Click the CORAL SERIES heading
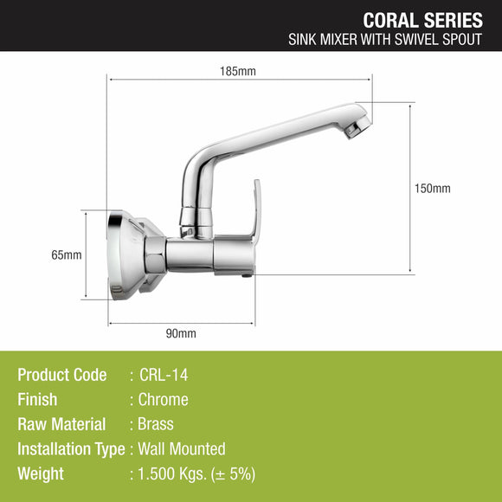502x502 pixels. coord(422,19)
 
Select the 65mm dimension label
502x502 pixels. coord(67,254)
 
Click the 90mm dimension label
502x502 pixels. coord(181,333)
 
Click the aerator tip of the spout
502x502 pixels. coord(357,128)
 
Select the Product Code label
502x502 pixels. coord(62,375)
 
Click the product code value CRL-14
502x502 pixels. coord(164,375)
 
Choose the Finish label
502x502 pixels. coord(37,400)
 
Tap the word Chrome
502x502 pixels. coord(164,400)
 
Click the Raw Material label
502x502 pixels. coord(61,424)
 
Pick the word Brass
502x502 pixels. coord(156,424)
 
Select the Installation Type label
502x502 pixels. coord(71,449)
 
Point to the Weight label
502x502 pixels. coord(41,473)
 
